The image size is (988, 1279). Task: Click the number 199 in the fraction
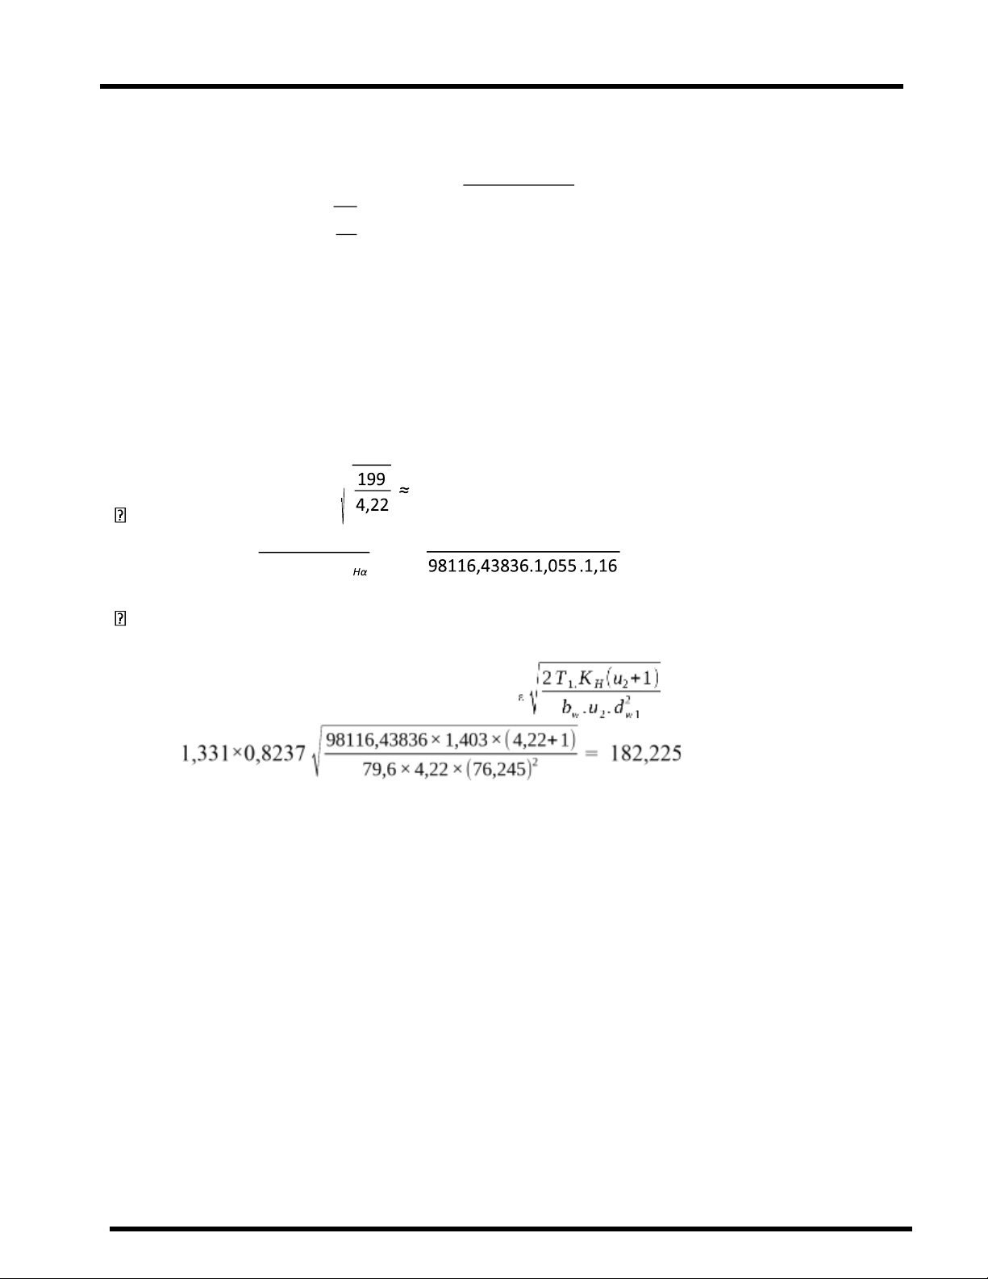pyautogui.click(x=371, y=479)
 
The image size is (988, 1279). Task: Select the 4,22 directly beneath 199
pyautogui.click(x=372, y=505)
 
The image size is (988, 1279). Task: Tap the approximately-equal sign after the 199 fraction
pyautogui.click(x=405, y=490)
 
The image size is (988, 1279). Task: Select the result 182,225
pyautogui.click(x=646, y=754)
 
